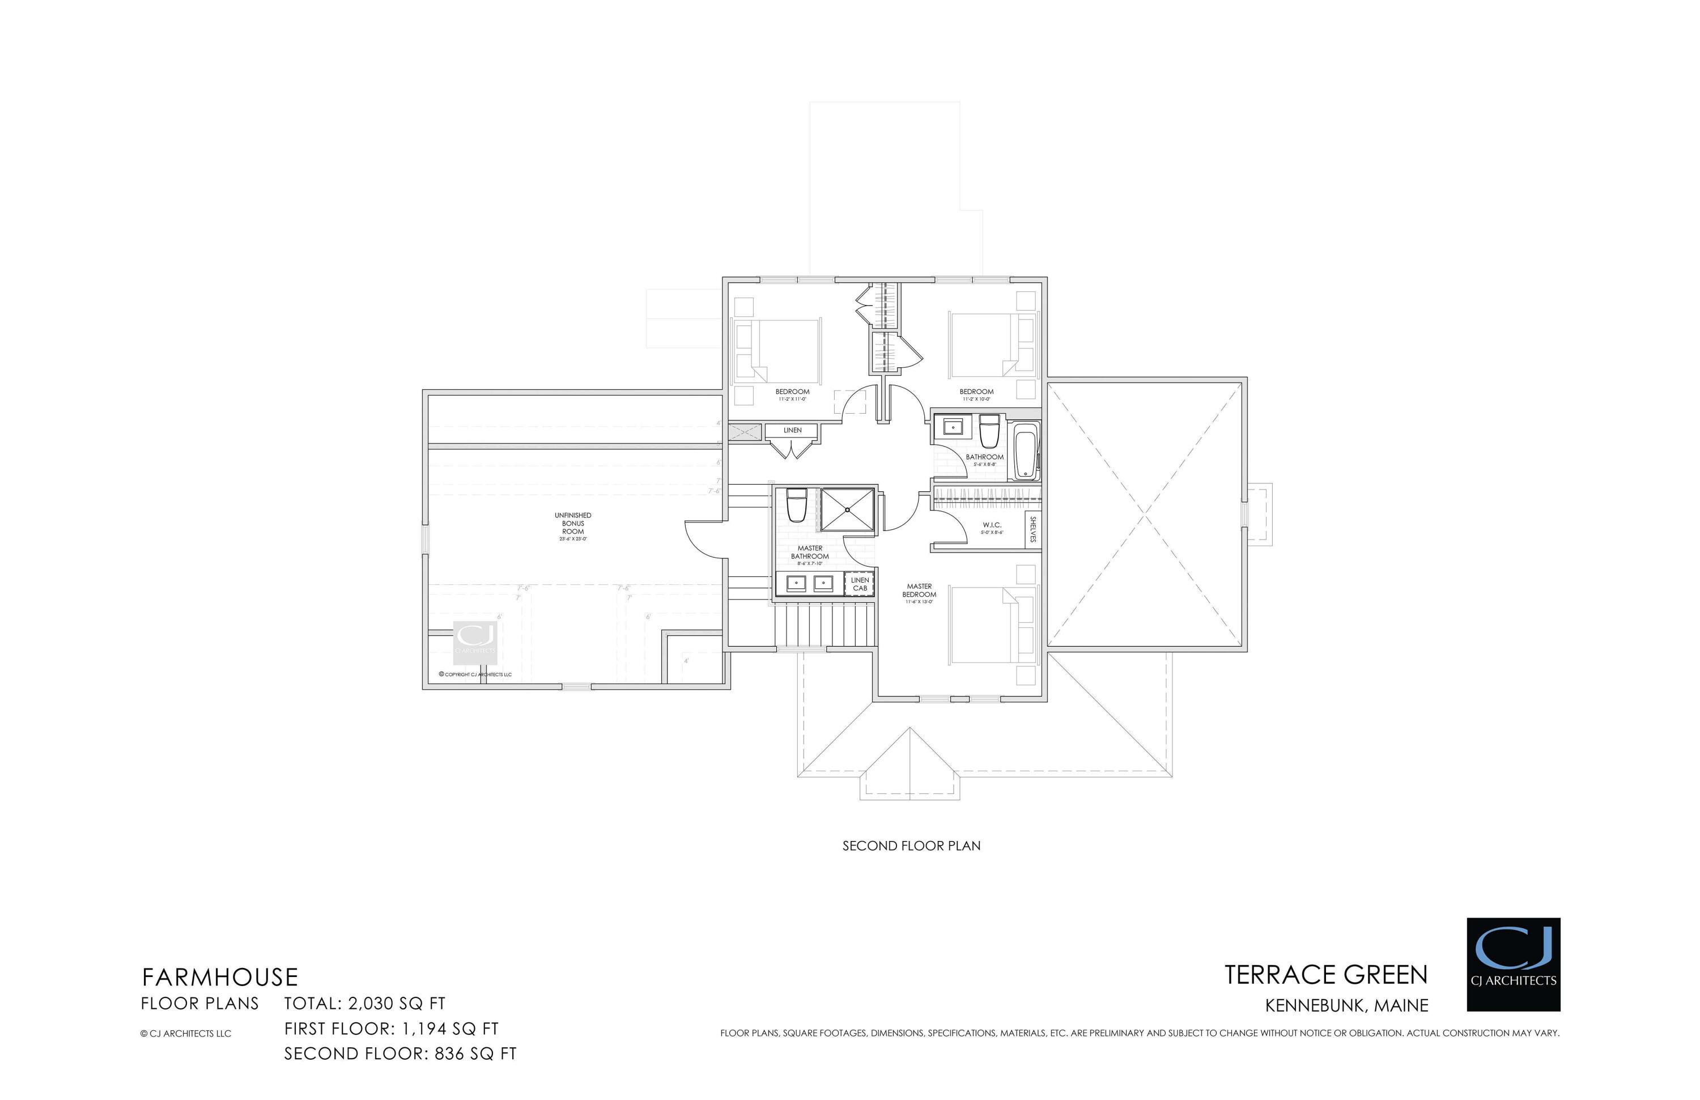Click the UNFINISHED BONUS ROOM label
coord(573,524)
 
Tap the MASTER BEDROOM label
coord(919,591)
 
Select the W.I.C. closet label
coord(992,525)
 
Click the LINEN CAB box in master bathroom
coord(860,584)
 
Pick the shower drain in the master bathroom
coord(847,510)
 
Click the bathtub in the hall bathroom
coord(1026,451)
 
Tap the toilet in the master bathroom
coord(796,504)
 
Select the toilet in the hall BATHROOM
coord(989,431)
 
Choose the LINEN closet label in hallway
coord(792,431)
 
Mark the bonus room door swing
coord(704,541)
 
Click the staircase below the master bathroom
coord(825,626)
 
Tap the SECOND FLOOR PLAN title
coord(911,846)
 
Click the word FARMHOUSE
coord(219,977)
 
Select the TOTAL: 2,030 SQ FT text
coord(364,1004)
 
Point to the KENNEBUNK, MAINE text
coord(1346,1006)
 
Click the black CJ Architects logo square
coord(1513,965)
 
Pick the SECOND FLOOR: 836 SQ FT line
coord(400,1054)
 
